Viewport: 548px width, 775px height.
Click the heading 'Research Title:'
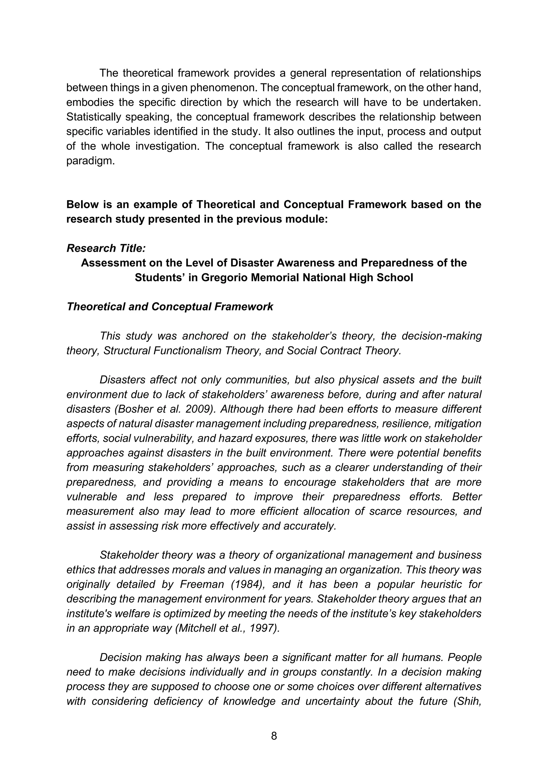(x=106, y=248)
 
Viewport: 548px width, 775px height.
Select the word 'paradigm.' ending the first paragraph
(x=90, y=161)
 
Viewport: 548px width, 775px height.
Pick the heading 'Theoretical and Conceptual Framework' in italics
(x=170, y=306)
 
